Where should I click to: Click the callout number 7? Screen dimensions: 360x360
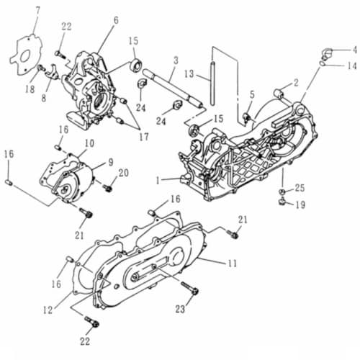[x=37, y=11]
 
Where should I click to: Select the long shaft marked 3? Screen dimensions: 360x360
[x=173, y=88]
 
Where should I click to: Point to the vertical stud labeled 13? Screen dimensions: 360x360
[x=212, y=84]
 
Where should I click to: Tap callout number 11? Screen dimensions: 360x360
[x=232, y=264]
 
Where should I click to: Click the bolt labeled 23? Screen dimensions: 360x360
[x=190, y=288]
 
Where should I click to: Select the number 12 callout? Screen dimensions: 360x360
[x=48, y=310]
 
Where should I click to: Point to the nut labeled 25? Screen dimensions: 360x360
[x=282, y=192]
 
